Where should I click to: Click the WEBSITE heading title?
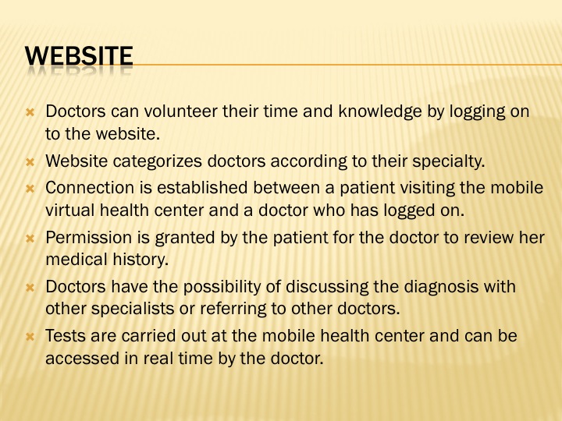tap(79, 56)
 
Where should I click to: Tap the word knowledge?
tap(380, 111)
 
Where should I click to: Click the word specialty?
tap(449, 161)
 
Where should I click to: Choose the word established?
tap(202, 188)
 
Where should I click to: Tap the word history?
tap(140, 260)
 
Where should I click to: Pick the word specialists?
tap(133, 309)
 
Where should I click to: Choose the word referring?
tap(233, 309)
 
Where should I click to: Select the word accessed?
tap(83, 359)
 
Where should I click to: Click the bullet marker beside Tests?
tap(30, 337)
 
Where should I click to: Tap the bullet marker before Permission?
tap(30, 238)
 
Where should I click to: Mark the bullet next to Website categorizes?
tap(30, 162)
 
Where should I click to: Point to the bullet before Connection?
tap(30, 189)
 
